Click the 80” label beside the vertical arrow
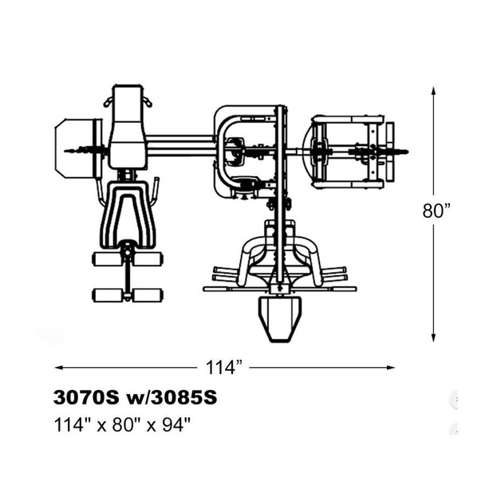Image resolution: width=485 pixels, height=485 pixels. pyautogui.click(x=436, y=211)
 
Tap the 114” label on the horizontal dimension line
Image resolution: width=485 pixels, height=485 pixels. pyautogui.click(x=223, y=368)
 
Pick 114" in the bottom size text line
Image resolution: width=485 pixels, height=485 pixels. pyautogui.click(x=71, y=424)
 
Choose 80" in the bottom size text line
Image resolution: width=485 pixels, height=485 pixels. pyautogui.click(x=124, y=424)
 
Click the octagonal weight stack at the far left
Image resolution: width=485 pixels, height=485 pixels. pyautogui.click(x=77, y=148)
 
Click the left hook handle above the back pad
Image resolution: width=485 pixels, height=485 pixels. pyautogui.click(x=108, y=101)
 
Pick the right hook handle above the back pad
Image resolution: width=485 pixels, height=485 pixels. pyautogui.click(x=148, y=101)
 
